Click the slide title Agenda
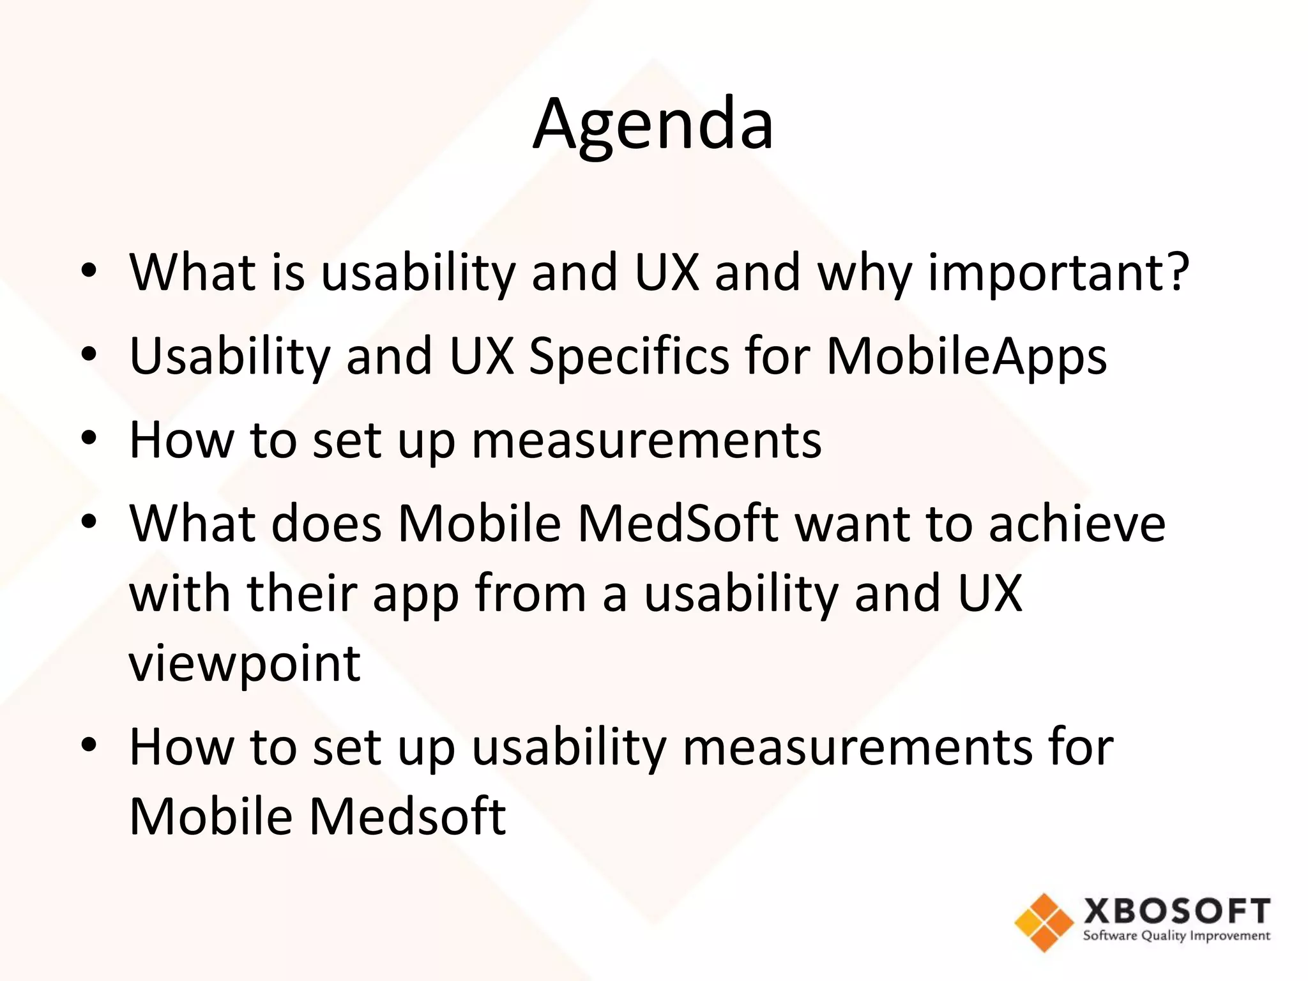(x=653, y=125)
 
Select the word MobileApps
(x=966, y=356)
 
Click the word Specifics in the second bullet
(x=628, y=356)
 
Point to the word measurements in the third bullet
(x=646, y=440)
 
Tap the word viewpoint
(x=245, y=664)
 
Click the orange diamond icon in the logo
(x=1044, y=922)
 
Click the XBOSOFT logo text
(x=1176, y=911)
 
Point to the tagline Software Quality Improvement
(x=1176, y=936)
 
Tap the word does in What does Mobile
(x=326, y=524)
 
